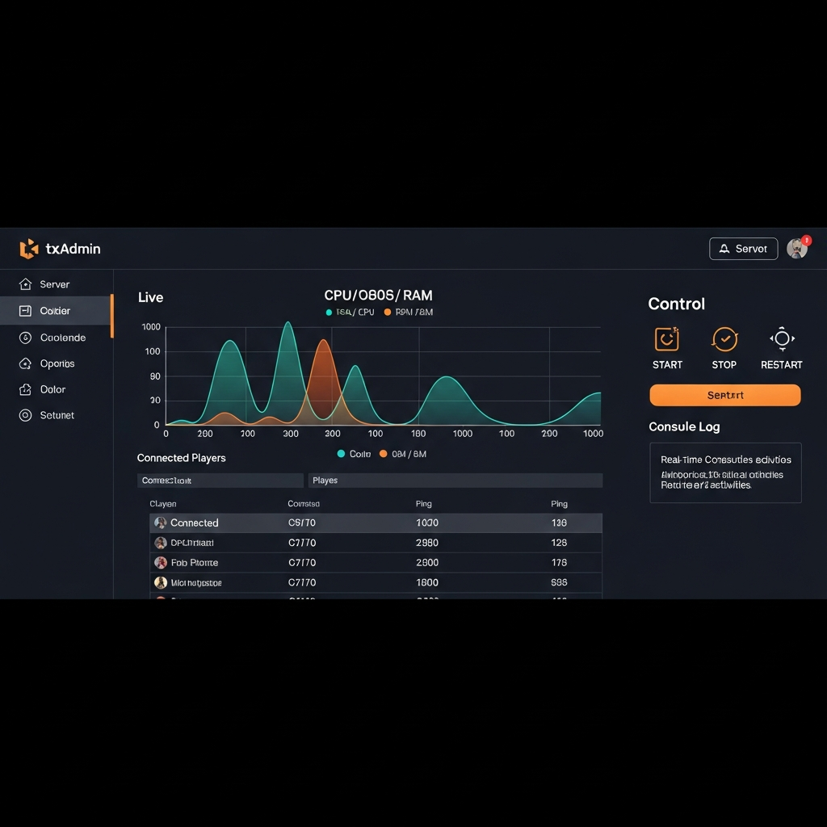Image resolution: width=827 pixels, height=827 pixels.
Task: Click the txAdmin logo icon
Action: point(29,249)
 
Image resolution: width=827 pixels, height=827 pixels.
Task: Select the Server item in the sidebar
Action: point(54,284)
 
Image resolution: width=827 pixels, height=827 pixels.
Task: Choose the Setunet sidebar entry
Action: point(57,415)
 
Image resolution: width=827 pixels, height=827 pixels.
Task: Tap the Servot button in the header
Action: point(743,249)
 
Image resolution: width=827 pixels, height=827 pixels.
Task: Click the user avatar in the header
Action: point(797,248)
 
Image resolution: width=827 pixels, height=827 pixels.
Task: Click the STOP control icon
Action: point(724,339)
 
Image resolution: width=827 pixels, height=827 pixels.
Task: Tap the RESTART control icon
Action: point(782,339)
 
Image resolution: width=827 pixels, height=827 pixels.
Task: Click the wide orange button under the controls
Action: point(724,395)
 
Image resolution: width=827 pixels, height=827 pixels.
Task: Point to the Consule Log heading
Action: point(684,426)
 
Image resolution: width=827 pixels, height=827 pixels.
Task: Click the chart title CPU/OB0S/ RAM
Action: point(378,296)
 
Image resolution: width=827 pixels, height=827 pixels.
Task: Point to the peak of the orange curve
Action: point(324,340)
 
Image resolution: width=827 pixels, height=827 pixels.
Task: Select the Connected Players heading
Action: point(181,458)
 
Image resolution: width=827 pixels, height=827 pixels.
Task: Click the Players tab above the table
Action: point(325,481)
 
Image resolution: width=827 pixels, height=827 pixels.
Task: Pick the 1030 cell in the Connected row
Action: point(426,523)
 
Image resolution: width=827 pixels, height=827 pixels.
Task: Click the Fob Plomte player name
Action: point(194,563)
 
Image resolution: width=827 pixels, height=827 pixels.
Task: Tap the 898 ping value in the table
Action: point(559,582)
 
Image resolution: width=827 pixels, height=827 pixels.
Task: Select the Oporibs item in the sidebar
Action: point(57,363)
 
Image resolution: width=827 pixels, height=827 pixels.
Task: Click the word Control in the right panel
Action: point(676,304)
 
